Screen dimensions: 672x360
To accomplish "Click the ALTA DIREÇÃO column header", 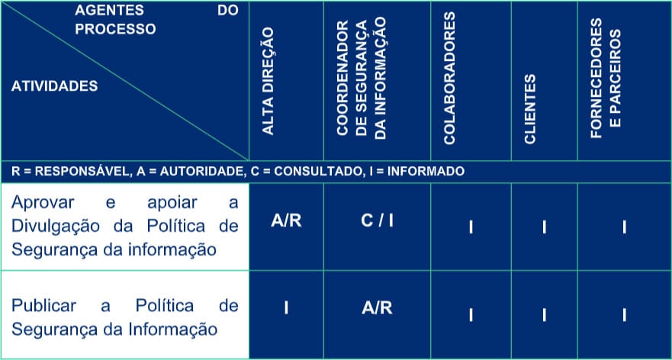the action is click(x=268, y=81).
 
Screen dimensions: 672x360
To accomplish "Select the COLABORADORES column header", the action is click(x=449, y=78).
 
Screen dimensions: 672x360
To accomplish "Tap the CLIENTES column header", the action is click(x=530, y=109).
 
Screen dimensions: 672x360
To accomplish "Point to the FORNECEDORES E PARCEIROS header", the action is click(x=606, y=78).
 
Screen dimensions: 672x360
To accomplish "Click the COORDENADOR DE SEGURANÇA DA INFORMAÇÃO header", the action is click(x=362, y=79).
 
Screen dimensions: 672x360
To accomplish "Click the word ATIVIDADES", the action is click(x=54, y=86).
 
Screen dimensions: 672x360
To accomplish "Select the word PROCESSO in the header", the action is click(x=115, y=29).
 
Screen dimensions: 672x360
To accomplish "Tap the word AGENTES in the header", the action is click(x=109, y=10).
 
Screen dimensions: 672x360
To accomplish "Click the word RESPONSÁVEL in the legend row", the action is click(x=82, y=172).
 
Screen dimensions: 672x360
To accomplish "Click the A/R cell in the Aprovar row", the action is click(x=286, y=221).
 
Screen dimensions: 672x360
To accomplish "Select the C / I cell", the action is click(x=377, y=221).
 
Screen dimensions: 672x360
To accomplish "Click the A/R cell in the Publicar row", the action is click(x=377, y=308).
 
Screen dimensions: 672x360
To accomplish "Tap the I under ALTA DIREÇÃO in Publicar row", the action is click(x=286, y=308).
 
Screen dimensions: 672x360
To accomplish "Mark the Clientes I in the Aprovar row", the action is click(x=544, y=227).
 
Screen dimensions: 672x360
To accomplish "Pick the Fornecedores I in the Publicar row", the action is click(x=624, y=315).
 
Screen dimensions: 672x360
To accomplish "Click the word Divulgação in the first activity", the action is click(x=55, y=226).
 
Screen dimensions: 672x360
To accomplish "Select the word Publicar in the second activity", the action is click(x=43, y=306).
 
